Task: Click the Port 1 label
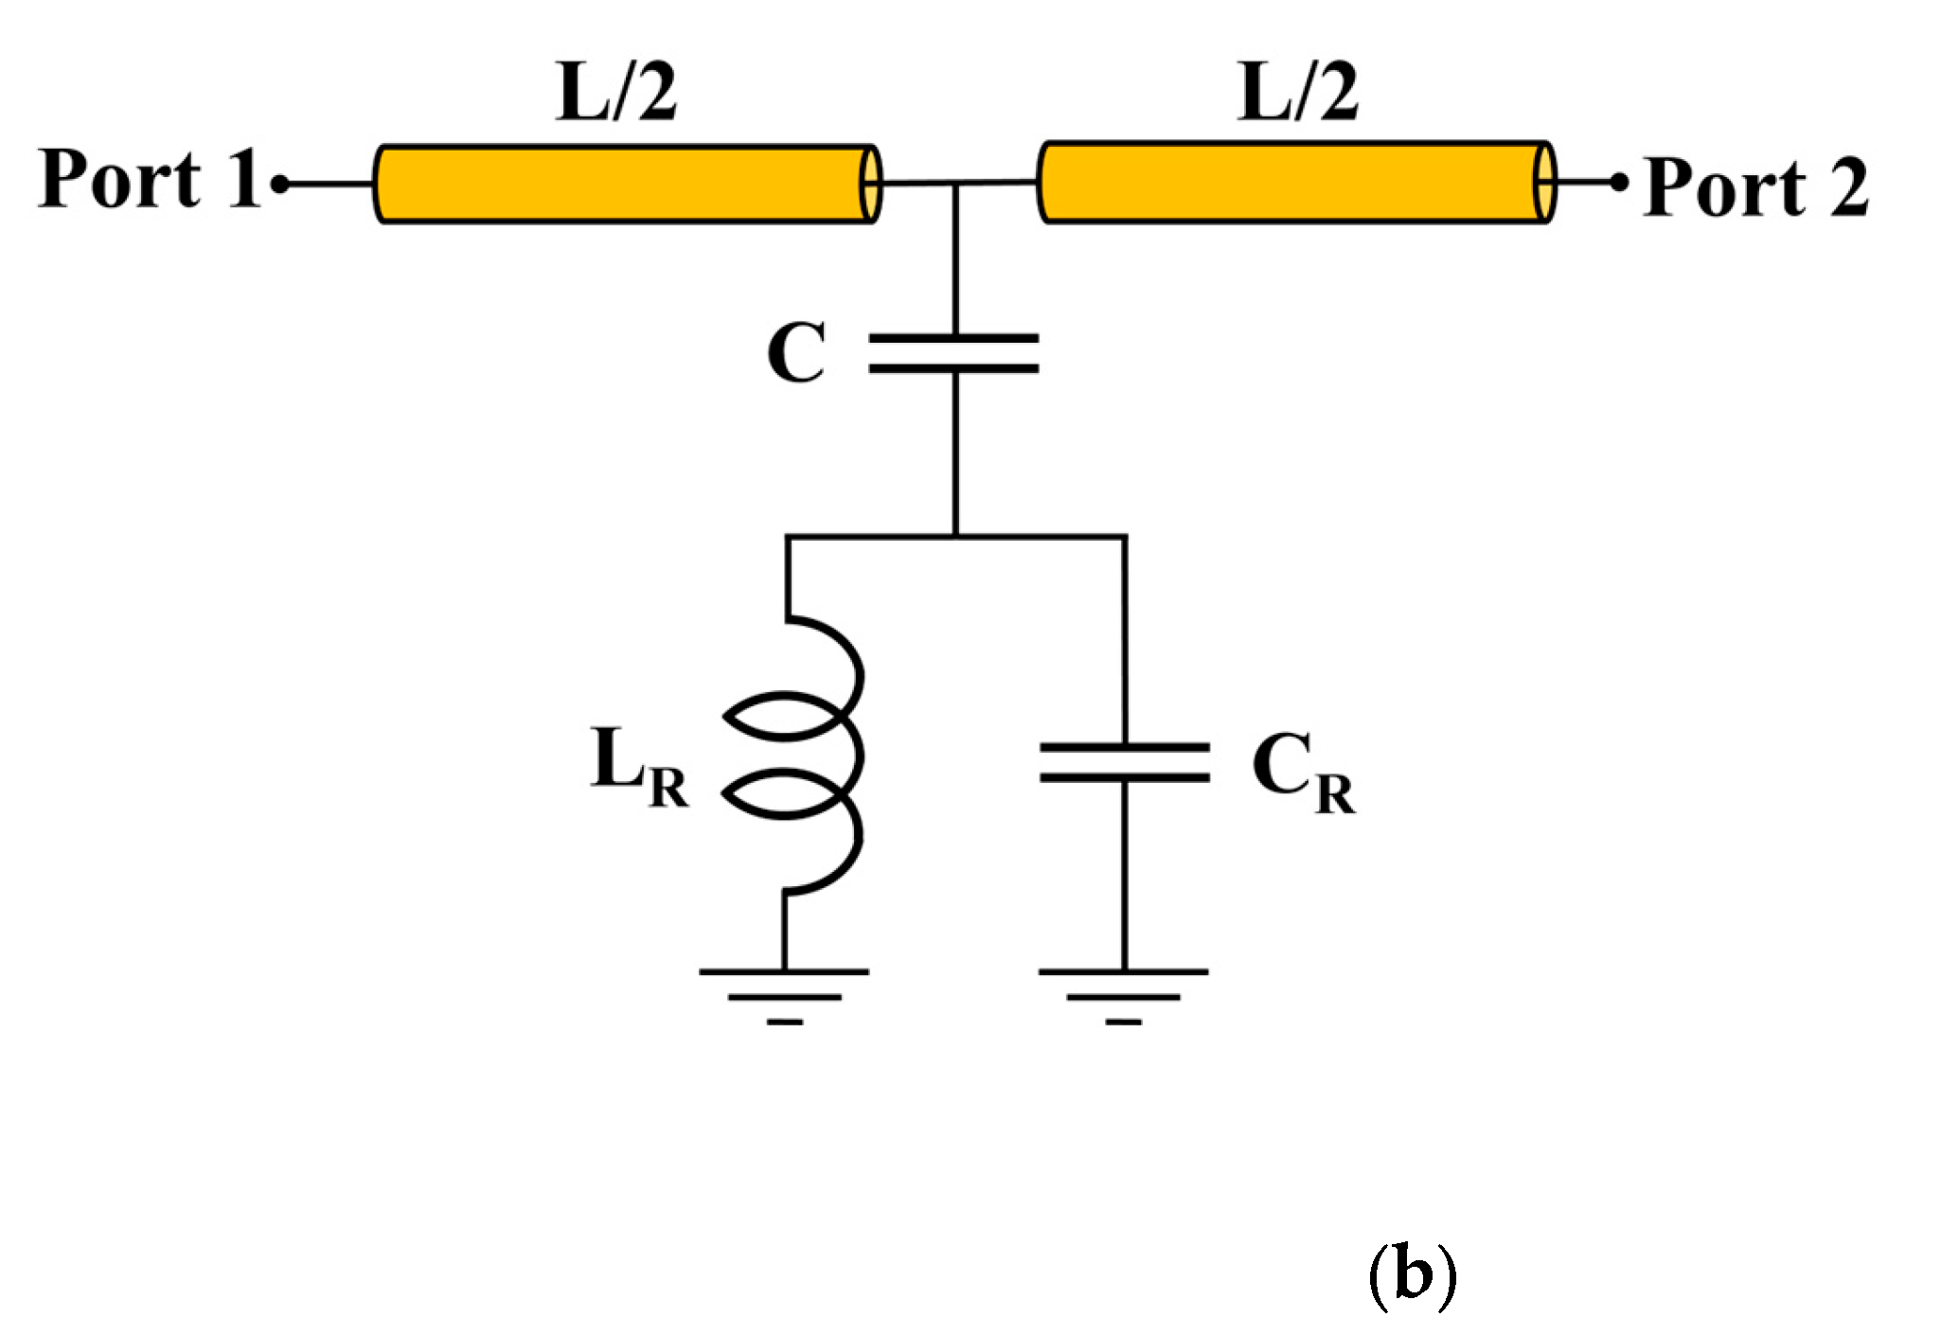(x=150, y=179)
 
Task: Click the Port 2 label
(x=1754, y=187)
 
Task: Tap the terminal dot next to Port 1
(x=280, y=184)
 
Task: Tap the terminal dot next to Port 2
(x=1619, y=182)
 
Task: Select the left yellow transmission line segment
(x=625, y=184)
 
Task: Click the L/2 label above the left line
(x=616, y=92)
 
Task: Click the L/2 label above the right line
(x=1298, y=92)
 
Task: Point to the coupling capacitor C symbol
(x=953, y=352)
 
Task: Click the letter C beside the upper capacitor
(x=796, y=352)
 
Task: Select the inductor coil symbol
(x=805, y=755)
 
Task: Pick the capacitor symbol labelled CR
(x=1124, y=762)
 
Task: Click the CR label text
(x=1303, y=772)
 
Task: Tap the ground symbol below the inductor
(x=784, y=995)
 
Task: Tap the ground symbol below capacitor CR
(x=1123, y=995)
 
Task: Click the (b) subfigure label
(x=1412, y=1275)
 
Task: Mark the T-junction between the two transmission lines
(x=955, y=184)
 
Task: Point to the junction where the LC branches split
(x=955, y=537)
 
